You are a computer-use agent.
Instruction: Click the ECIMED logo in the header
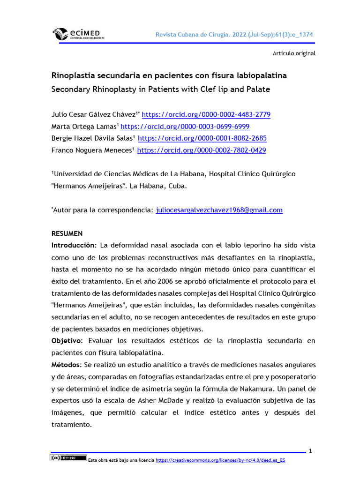click(78, 34)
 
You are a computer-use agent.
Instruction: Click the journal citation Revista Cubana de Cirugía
click(234, 35)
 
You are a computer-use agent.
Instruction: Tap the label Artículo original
click(294, 53)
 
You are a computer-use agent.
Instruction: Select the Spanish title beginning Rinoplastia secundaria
click(169, 75)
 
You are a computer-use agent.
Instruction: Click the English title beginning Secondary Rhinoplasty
click(160, 89)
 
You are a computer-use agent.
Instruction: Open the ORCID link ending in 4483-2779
click(206, 115)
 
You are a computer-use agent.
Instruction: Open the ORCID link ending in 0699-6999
click(185, 127)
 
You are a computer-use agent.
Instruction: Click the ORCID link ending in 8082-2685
click(202, 138)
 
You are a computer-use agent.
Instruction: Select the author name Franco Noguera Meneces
click(92, 150)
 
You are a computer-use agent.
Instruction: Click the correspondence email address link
click(219, 210)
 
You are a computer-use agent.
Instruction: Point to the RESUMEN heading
click(67, 233)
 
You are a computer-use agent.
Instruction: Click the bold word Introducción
click(73, 245)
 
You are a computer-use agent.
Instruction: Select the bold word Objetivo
click(67, 341)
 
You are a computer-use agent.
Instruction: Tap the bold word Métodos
click(67, 365)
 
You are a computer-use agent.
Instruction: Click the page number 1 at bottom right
click(310, 451)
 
